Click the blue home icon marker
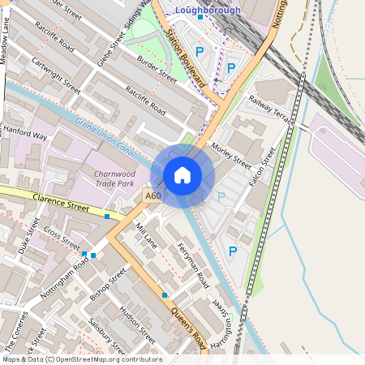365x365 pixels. click(182, 175)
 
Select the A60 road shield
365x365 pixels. click(153, 195)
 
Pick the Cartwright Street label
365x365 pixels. click(56, 74)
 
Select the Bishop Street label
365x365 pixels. click(108, 286)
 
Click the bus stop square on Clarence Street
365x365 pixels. click(107, 217)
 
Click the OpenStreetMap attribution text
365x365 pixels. click(82, 359)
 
